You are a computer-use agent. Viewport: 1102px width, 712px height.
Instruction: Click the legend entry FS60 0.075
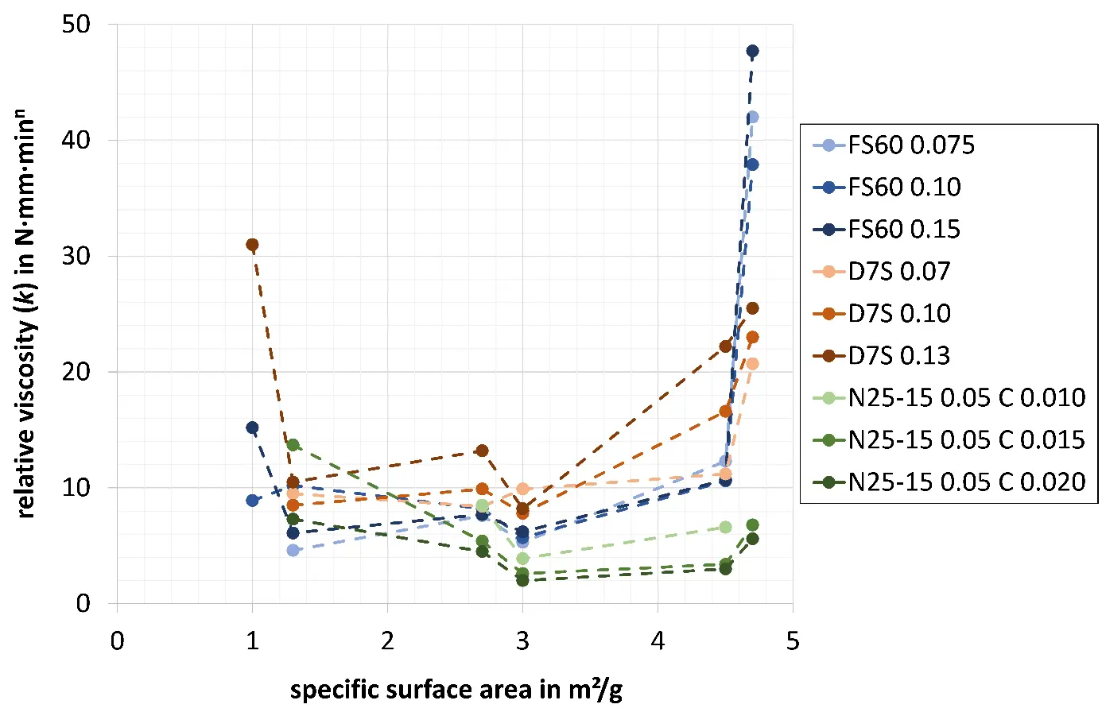pos(910,145)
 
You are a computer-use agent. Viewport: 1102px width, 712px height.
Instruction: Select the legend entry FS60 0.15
pos(904,230)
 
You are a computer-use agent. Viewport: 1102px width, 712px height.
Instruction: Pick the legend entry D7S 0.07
pos(898,272)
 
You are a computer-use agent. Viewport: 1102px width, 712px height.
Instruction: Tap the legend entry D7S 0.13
pos(898,356)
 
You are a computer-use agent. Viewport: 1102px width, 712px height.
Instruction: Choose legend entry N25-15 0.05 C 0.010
pos(966,397)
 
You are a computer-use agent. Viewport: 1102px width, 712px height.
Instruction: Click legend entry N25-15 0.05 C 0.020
pos(966,482)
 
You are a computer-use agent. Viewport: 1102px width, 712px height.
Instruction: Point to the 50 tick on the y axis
pos(76,25)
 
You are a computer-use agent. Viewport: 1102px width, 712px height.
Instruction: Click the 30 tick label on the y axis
pos(76,256)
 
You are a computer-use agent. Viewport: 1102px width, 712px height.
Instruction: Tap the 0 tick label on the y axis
pos(83,603)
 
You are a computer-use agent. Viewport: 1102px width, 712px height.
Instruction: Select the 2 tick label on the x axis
pos(387,641)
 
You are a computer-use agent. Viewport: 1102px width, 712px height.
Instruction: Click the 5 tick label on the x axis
pos(792,641)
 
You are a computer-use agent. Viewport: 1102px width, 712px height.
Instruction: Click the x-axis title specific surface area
pos(456,689)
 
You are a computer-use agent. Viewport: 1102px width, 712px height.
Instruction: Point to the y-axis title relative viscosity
pos(26,314)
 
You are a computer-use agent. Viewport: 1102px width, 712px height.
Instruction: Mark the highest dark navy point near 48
pos(752,52)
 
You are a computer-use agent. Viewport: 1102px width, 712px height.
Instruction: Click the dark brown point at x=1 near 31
pos(252,245)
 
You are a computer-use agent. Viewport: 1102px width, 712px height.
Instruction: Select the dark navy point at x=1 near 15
pos(252,428)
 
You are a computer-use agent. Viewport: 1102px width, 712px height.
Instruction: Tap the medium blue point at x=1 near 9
pos(252,501)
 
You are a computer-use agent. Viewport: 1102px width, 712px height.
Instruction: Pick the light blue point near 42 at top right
pos(752,117)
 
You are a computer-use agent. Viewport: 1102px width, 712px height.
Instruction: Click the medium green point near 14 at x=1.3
pos(293,445)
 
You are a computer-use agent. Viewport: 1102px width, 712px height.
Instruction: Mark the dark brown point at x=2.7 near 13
pos(482,451)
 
